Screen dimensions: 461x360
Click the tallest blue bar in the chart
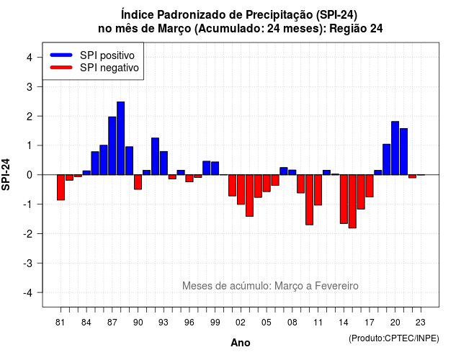coord(120,138)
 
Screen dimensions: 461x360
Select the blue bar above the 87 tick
coord(112,145)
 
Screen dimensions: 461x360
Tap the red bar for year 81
coord(61,187)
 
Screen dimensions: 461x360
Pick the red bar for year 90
coord(138,182)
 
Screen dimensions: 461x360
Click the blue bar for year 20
coord(395,148)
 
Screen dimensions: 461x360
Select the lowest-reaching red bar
coord(352,202)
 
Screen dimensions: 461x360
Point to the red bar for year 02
coord(241,189)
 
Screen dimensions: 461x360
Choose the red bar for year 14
coord(344,199)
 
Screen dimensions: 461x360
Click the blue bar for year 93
coord(164,163)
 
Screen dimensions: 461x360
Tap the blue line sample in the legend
coord(61,55)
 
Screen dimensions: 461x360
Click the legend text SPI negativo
coord(109,68)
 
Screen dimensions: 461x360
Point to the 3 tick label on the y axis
coord(30,86)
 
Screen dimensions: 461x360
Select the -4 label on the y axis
coord(29,293)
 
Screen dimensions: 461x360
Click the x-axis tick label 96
coord(189,323)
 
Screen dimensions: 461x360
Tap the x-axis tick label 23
coord(421,323)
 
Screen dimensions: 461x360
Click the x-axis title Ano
coord(241,343)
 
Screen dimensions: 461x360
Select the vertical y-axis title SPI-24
coord(6,174)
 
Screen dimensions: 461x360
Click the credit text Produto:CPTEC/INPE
coord(394,338)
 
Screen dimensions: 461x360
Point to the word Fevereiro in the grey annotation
coord(336,286)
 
